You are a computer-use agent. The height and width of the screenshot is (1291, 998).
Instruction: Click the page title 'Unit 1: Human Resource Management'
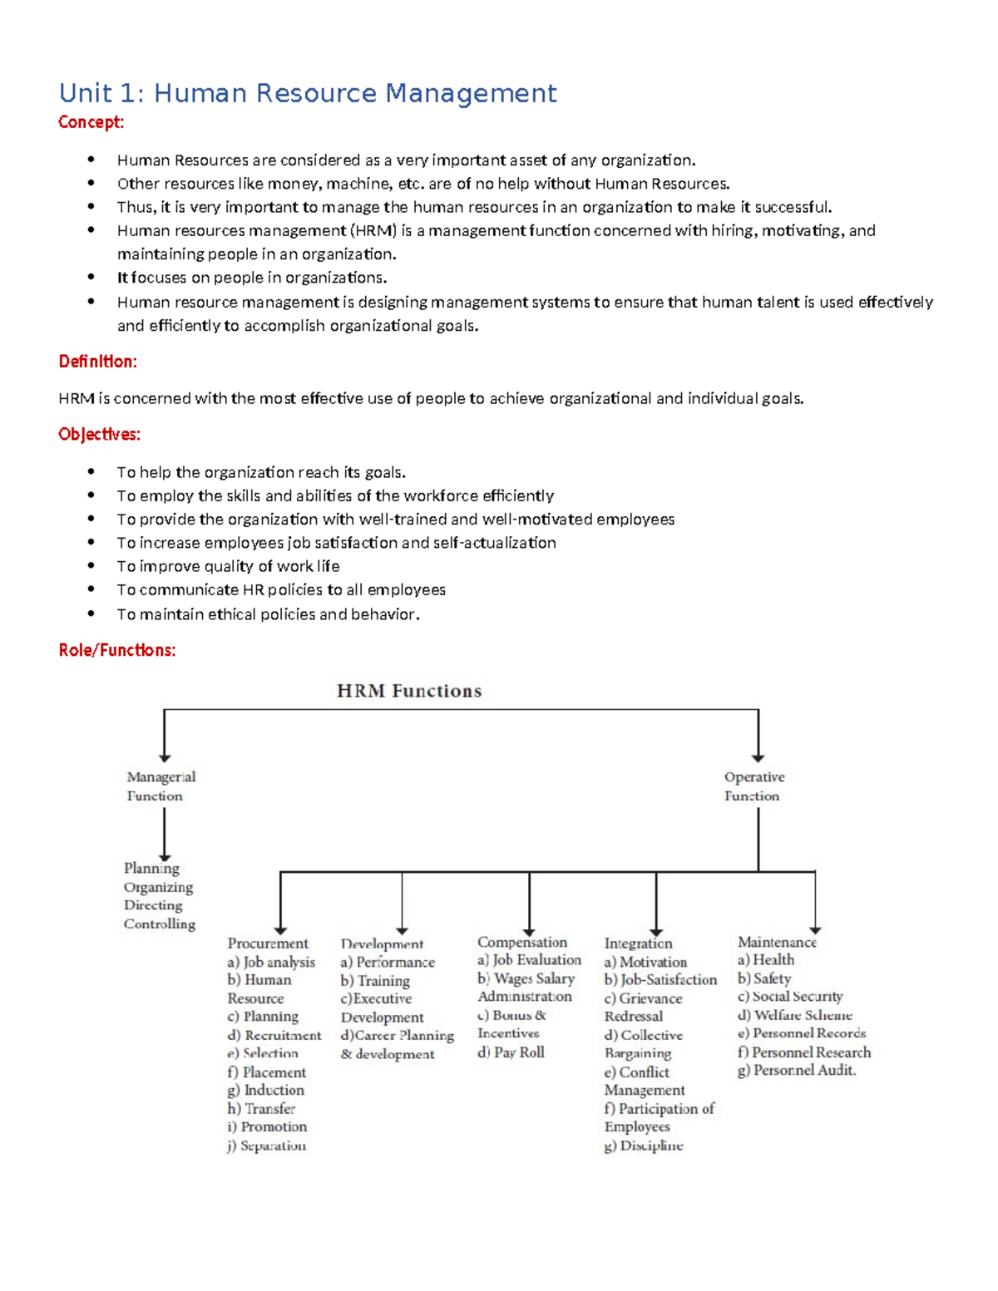(x=307, y=93)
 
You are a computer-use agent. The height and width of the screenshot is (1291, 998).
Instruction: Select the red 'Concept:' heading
(x=91, y=122)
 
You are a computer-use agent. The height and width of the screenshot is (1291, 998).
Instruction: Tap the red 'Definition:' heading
(x=97, y=362)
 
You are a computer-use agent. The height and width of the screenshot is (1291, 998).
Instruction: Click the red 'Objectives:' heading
(x=99, y=435)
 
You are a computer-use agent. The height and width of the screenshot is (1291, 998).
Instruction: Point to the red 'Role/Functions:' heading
(x=116, y=650)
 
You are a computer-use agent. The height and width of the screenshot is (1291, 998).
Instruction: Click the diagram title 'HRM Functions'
(x=408, y=691)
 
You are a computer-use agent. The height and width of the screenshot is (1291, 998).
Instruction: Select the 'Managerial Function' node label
(x=161, y=786)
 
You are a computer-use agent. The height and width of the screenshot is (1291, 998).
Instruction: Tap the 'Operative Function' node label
(x=753, y=786)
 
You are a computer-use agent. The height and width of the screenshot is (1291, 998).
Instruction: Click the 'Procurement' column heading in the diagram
(x=268, y=944)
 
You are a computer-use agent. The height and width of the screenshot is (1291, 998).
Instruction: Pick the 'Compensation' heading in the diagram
(x=521, y=942)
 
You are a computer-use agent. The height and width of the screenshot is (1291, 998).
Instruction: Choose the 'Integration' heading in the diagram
(x=638, y=944)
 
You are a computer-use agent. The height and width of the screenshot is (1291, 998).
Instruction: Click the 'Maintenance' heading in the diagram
(x=777, y=942)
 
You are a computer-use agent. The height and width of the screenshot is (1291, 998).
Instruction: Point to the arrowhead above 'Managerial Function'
(x=165, y=757)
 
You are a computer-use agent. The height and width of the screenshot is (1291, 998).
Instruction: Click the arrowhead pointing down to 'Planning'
(x=165, y=857)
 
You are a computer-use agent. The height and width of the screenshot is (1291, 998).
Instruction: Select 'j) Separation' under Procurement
(x=266, y=1146)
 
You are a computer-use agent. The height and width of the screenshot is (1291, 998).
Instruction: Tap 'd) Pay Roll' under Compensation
(x=511, y=1052)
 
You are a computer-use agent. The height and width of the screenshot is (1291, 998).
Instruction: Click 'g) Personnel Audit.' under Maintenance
(x=796, y=1071)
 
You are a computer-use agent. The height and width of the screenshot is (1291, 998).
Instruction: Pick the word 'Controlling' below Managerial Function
(x=160, y=924)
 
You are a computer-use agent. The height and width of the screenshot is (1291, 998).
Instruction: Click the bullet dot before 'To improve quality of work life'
(x=91, y=566)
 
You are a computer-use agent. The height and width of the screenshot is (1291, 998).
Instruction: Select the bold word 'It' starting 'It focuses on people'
(x=122, y=278)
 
